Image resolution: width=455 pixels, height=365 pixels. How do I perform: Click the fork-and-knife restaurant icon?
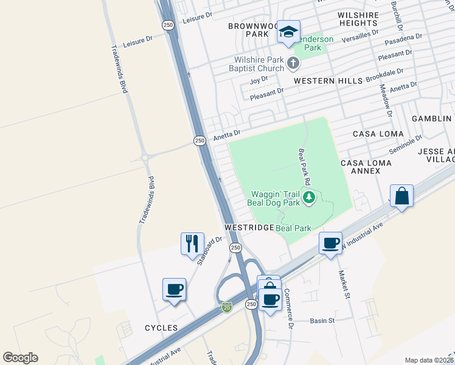(192, 244)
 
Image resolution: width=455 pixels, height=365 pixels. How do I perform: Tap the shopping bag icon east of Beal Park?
(402, 196)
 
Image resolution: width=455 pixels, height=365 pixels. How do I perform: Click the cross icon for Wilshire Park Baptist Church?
(293, 63)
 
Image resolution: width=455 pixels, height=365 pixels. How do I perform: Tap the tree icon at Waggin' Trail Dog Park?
(309, 196)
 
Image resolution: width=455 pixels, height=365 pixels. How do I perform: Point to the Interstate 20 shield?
(227, 307)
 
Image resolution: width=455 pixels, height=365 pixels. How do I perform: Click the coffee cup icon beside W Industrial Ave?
(330, 243)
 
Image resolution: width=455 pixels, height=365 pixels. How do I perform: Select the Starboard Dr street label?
(211, 248)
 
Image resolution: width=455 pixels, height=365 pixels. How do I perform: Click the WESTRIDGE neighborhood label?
(249, 227)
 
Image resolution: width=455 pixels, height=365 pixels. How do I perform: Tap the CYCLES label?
(161, 328)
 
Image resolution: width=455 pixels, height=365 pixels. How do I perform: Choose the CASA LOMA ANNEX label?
(366, 167)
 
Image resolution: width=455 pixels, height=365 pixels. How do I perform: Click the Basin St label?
(323, 320)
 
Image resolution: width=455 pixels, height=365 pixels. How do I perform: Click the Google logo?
(20, 358)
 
